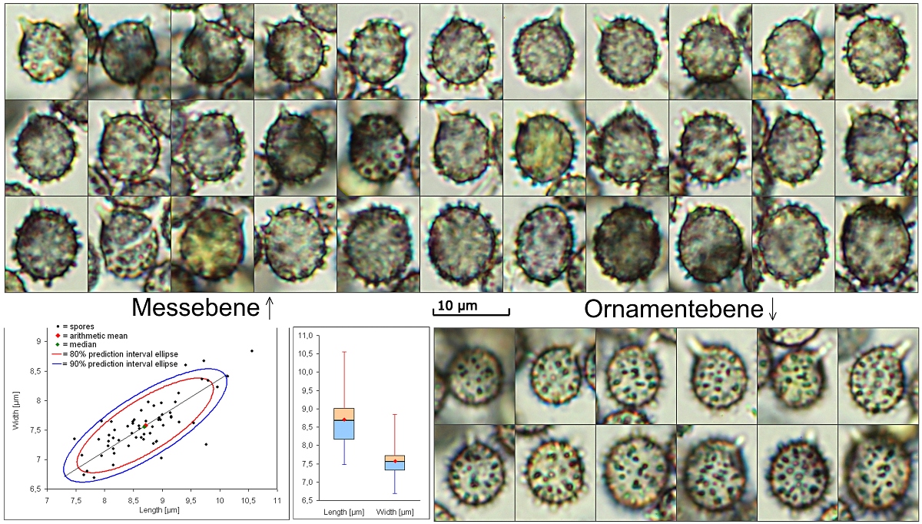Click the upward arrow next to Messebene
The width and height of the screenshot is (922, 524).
(x=268, y=308)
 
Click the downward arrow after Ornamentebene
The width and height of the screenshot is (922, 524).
(x=772, y=310)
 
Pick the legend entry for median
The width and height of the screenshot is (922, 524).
(x=85, y=345)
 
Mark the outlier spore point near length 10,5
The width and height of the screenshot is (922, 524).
(x=252, y=351)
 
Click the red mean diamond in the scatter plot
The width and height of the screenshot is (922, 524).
(x=145, y=425)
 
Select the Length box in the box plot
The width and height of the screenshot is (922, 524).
(x=343, y=423)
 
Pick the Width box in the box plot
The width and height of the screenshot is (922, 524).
(x=394, y=462)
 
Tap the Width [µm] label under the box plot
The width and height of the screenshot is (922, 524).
(x=395, y=511)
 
